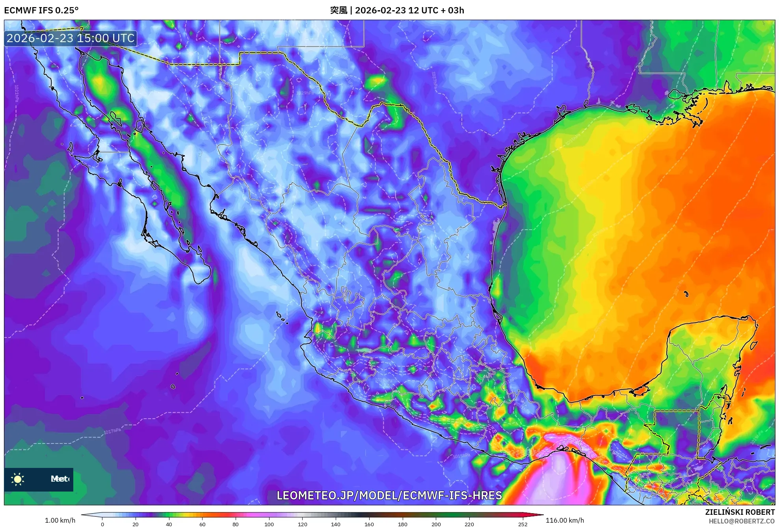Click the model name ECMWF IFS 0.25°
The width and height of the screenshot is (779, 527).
[x=41, y=10]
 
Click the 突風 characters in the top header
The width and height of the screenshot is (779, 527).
[x=338, y=10]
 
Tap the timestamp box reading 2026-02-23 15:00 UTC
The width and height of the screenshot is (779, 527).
[x=71, y=38]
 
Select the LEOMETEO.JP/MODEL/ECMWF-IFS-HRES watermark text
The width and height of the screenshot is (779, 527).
[x=389, y=495]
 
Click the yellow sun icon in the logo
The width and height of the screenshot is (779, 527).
[x=18, y=479]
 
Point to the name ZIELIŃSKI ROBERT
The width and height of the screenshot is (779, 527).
[x=740, y=512]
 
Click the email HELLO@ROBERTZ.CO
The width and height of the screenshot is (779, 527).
[x=742, y=521]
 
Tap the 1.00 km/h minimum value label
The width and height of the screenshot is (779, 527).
[x=60, y=520]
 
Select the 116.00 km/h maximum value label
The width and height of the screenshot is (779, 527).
[x=565, y=520]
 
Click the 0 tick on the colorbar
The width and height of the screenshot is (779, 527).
[x=102, y=524]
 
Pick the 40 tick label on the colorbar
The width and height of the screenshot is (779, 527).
[x=169, y=524]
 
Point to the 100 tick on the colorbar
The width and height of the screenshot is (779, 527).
[x=269, y=524]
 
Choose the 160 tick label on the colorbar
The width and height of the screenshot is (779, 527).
[x=369, y=524]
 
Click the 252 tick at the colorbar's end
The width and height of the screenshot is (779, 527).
[x=522, y=524]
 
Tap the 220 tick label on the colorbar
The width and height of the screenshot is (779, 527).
[x=469, y=524]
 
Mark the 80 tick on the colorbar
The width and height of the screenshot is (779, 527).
[x=236, y=524]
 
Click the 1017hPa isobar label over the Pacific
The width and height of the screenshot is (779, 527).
[x=112, y=431]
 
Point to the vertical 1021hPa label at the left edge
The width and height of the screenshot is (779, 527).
[x=17, y=93]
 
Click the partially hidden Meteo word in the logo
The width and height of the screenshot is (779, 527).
[x=60, y=479]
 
